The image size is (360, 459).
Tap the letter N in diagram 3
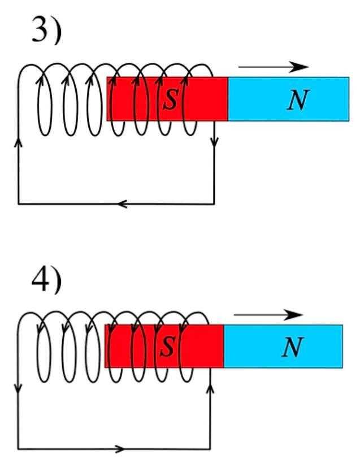click(297, 100)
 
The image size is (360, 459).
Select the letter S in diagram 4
click(167, 347)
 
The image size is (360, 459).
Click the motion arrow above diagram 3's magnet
click(274, 67)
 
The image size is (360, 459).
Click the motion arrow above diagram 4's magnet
click(268, 315)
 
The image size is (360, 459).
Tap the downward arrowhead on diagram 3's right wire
click(214, 143)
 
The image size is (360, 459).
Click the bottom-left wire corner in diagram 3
click(19, 203)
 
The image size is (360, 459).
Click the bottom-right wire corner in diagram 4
click(210, 449)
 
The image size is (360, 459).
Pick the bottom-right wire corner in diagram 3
click(214, 203)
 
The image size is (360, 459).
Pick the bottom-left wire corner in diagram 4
click(19, 449)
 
